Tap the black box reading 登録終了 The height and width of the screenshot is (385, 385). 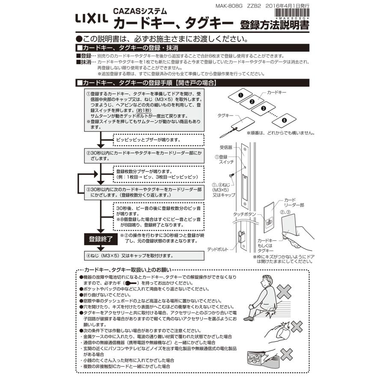[x=101, y=239]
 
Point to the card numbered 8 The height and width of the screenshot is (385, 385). [x=284, y=121]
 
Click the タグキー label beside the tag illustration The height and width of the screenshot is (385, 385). [x=225, y=115]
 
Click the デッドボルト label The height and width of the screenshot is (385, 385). [x=219, y=249]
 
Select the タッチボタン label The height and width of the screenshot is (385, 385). [x=244, y=213]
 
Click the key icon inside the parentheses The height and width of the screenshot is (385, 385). [x=130, y=283]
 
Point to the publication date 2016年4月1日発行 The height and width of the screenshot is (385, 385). [x=287, y=6]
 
